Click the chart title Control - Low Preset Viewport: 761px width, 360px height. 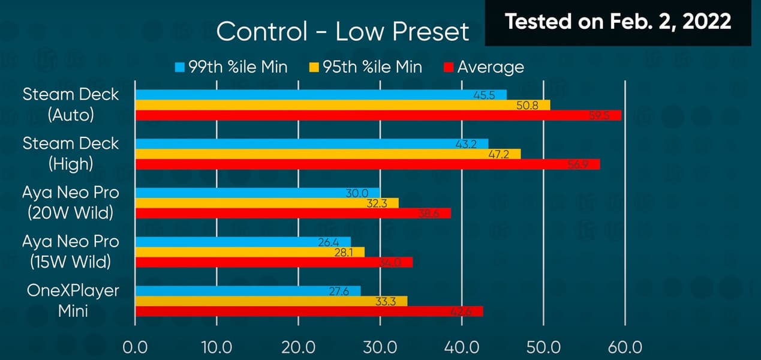342,32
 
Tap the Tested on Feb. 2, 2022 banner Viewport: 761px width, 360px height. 618,22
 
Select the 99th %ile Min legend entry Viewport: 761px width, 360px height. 231,67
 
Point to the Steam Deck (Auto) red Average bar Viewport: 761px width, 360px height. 378,115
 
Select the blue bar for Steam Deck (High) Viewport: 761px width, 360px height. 312,144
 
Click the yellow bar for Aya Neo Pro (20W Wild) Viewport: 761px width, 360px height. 267,203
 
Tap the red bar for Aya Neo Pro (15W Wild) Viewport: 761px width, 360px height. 273,262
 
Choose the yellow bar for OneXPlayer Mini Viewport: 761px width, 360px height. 271,301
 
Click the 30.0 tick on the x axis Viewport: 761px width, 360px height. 380,347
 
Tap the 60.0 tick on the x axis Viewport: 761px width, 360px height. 625,347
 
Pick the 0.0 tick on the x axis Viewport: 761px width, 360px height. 136,347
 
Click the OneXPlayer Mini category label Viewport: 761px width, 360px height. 73,301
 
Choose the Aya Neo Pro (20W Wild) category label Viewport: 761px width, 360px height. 71,202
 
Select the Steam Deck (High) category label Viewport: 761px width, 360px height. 71,153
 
